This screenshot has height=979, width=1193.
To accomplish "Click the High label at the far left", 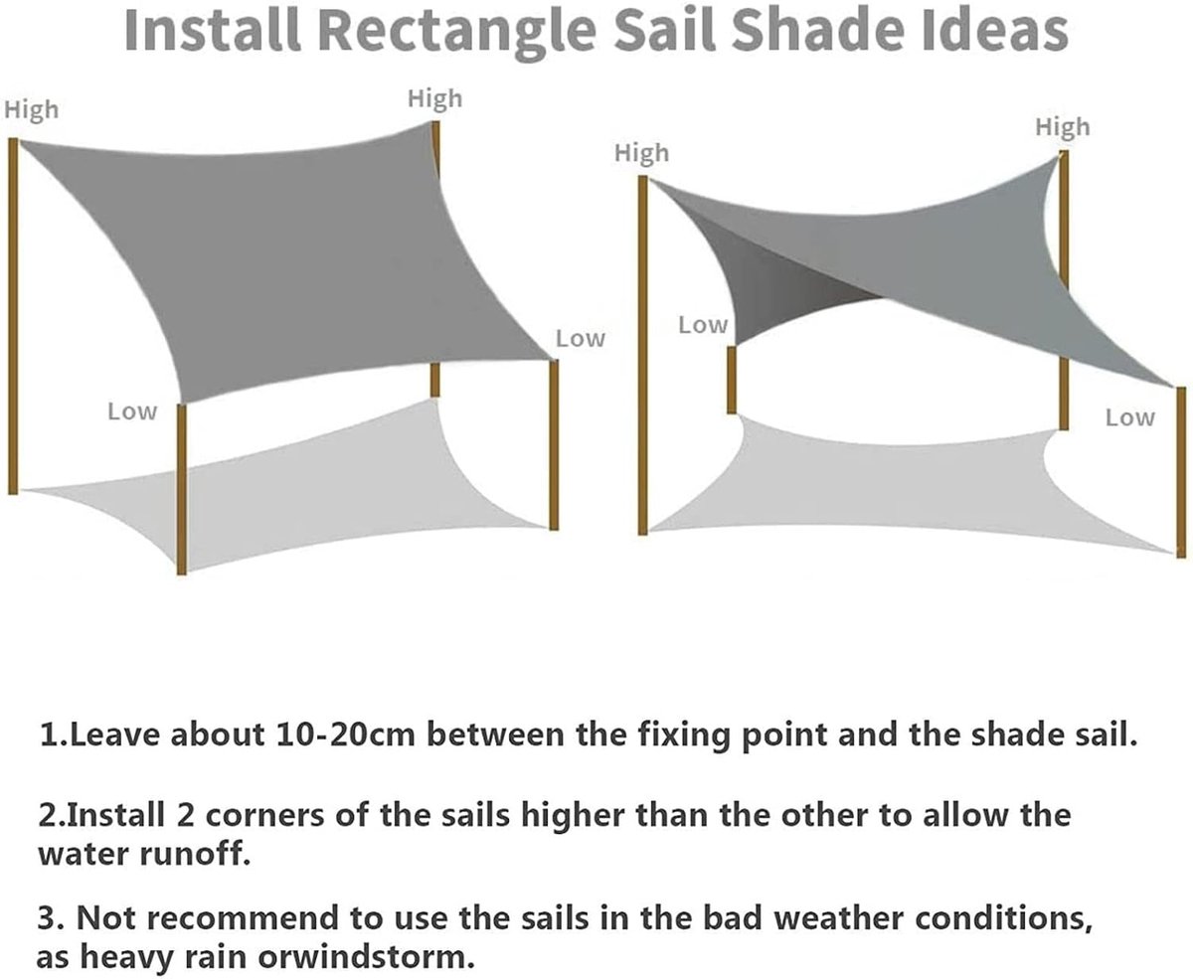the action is point(32,109).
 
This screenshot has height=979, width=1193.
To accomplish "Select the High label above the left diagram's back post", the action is point(435,99).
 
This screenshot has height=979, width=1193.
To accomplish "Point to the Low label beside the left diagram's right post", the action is point(581,338).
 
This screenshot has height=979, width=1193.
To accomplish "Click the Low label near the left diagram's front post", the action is point(132,411).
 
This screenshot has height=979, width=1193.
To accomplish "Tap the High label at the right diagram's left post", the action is point(641,153).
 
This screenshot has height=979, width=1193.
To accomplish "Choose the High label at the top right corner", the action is point(1063,127).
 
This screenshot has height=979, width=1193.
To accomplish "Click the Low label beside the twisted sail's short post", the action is point(703,325).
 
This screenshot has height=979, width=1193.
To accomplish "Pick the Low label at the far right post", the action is point(1130,417).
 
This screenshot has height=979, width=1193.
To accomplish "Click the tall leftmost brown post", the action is point(13,316).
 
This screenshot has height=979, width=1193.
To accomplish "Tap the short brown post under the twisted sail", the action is point(732,380).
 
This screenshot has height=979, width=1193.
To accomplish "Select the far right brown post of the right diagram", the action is point(1181,472).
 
